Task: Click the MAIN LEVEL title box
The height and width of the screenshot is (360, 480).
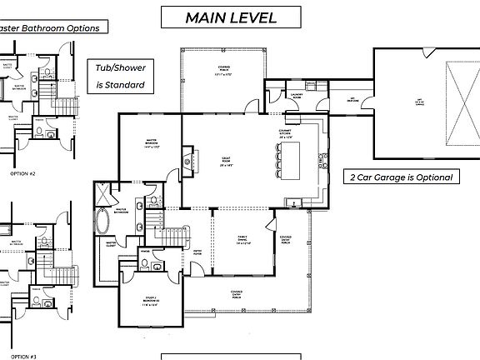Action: coord(231,17)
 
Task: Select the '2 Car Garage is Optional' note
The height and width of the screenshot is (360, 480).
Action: coord(401,177)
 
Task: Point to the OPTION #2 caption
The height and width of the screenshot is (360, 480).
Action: coord(22,173)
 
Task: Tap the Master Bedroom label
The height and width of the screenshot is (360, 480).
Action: coord(151,142)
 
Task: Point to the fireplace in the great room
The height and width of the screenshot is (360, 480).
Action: coord(187,160)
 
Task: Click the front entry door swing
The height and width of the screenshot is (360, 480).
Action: coord(199,269)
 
